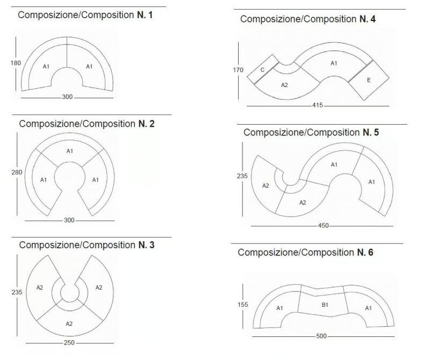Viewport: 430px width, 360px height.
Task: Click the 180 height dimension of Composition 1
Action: pos(16,63)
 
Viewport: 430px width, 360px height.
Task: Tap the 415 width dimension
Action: pos(317,105)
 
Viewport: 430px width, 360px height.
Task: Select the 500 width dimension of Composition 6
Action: pos(321,336)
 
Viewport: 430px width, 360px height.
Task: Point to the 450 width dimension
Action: pos(324,226)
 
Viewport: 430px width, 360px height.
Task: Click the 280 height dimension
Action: pos(17,172)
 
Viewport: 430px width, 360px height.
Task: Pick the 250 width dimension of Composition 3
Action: pos(69,343)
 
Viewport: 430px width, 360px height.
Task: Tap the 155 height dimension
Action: pos(243,305)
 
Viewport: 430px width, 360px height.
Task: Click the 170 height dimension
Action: pos(238,70)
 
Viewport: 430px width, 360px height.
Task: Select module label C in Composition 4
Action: pos(262,70)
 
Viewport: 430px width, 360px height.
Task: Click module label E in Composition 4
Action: pos(369,80)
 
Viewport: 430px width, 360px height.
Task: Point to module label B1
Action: pos(325,305)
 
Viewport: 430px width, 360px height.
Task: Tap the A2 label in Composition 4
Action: pos(284,85)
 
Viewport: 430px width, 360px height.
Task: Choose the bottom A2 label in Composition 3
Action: pos(69,324)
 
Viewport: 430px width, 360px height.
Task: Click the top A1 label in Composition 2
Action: pos(70,151)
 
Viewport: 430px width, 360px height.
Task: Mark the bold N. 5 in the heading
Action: pos(371,132)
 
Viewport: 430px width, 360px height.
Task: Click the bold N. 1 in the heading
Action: pos(145,15)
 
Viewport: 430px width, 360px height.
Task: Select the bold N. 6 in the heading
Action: pos(365,252)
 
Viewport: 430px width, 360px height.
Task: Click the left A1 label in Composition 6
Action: pos(279,308)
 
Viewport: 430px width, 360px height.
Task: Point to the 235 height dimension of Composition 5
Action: pos(242,176)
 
